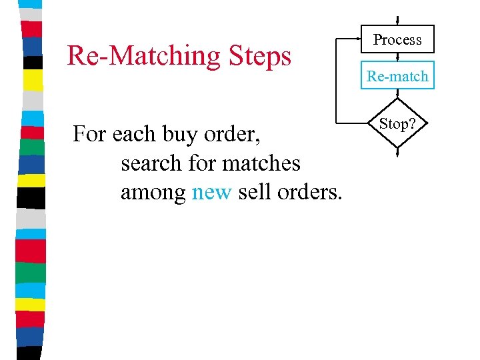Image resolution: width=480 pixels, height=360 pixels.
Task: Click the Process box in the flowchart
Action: click(x=397, y=39)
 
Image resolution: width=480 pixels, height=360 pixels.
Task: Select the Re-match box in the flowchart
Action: click(x=397, y=76)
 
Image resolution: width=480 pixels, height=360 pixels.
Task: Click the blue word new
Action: click(x=211, y=193)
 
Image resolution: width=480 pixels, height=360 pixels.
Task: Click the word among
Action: click(x=153, y=193)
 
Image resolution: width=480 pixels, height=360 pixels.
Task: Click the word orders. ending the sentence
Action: click(x=310, y=193)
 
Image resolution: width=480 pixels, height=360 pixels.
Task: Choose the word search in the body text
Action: click(x=151, y=163)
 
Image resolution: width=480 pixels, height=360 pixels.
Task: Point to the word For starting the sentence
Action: click(x=89, y=135)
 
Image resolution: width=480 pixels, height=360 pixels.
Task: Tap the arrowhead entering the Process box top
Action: click(x=397, y=21)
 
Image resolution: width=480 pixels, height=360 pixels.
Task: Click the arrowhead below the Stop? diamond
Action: click(x=397, y=153)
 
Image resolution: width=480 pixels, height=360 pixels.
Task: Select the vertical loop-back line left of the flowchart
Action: click(x=338, y=80)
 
